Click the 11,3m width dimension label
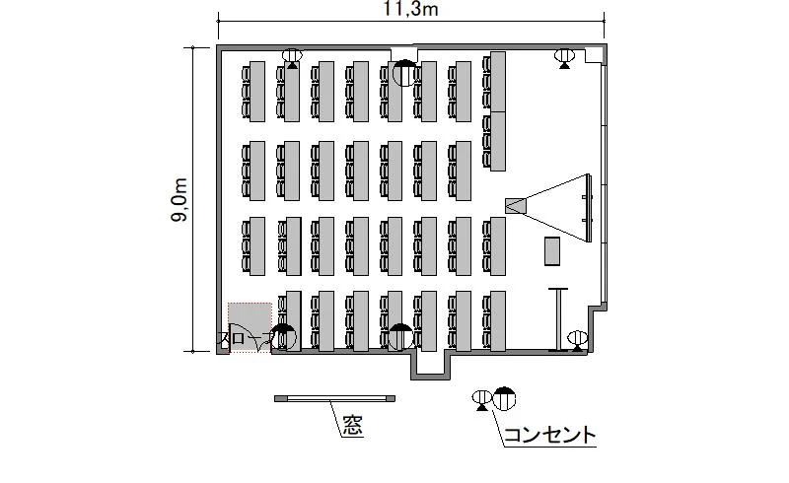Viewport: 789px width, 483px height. pos(410,9)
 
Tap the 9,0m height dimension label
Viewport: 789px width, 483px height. pos(179,200)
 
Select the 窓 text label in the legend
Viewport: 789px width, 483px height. pos(353,426)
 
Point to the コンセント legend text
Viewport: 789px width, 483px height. pos(549,434)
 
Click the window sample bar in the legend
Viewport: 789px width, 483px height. pos(334,398)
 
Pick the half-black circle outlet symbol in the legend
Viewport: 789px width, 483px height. pos(504,399)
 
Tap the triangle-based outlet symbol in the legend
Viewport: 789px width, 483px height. pos(482,401)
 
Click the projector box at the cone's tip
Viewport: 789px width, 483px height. pos(516,205)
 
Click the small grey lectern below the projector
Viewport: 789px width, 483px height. pos(552,251)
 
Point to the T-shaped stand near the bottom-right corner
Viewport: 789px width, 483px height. pos(558,319)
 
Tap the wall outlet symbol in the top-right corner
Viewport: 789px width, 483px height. pos(564,58)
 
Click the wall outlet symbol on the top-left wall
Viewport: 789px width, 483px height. pos(292,58)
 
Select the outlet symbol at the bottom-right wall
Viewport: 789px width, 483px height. pos(578,341)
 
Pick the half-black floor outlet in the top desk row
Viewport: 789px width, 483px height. pos(404,73)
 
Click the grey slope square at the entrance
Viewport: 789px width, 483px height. pos(251,327)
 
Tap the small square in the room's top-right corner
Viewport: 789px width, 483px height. pos(594,55)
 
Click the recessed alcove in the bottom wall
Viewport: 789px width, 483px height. pos(430,365)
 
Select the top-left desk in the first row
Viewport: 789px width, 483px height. pos(257,92)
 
